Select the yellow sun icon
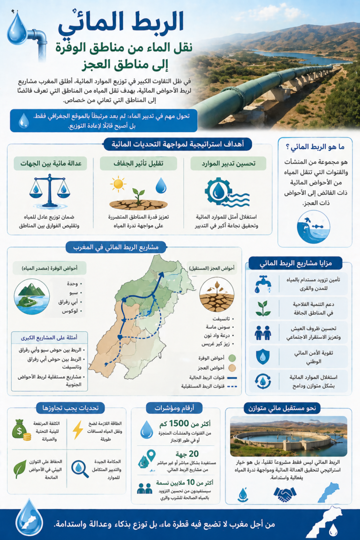tap(118, 184)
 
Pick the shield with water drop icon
tap(263, 356)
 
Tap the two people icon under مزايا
tap(263, 332)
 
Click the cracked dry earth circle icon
tap(216, 294)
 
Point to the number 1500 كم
tap(181, 424)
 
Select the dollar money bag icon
tap(22, 429)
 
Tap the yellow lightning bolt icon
tap(78, 429)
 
